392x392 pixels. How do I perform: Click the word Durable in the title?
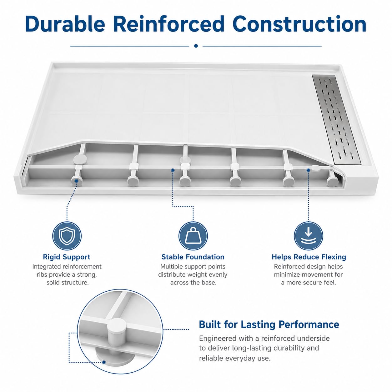[x=65, y=24]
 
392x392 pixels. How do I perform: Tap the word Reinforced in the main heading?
[x=170, y=24]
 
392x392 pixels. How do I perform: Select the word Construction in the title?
[x=300, y=24]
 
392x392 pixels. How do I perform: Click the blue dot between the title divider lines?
[x=196, y=46]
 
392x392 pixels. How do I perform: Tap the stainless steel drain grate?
[x=336, y=119]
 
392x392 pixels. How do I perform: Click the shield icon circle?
[x=67, y=236]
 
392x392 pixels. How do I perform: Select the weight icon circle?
[x=193, y=236]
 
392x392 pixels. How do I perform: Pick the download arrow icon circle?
[x=309, y=236]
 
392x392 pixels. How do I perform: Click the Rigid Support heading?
[x=67, y=257]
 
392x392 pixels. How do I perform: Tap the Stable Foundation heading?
[x=193, y=257]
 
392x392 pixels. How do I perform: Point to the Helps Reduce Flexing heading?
[x=309, y=257]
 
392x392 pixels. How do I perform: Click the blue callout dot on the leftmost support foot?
[x=77, y=181]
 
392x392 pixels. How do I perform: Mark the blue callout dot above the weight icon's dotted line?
[x=173, y=170]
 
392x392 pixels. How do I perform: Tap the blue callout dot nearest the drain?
[x=309, y=170]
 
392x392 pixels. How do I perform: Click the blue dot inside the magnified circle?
[x=104, y=362]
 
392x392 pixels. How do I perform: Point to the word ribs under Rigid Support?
[x=42, y=275]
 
